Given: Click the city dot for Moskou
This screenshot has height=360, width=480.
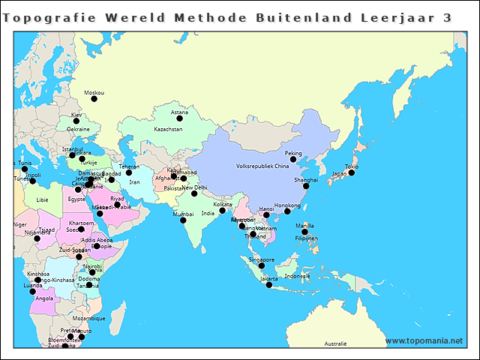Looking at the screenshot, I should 94,99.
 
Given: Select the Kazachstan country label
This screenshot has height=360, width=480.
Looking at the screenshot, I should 168,129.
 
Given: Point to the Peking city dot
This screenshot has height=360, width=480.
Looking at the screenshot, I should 294,160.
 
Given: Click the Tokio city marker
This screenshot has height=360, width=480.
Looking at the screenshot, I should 351,172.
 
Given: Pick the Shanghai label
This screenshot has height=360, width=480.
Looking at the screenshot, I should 305,179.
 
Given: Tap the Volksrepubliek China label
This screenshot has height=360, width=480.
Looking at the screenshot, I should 262,166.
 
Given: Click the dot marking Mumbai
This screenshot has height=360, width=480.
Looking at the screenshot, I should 182,220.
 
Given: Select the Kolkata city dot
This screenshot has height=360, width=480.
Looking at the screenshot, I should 222,211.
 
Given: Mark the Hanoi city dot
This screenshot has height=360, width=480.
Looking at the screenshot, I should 266,215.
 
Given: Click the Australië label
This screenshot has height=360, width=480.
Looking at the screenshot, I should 335,343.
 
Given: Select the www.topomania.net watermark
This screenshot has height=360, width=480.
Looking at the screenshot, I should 424,340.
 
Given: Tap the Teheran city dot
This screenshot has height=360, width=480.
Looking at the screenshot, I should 129,173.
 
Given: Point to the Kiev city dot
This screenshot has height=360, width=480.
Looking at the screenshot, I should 76,121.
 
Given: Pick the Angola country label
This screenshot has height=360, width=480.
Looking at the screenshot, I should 44,298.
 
